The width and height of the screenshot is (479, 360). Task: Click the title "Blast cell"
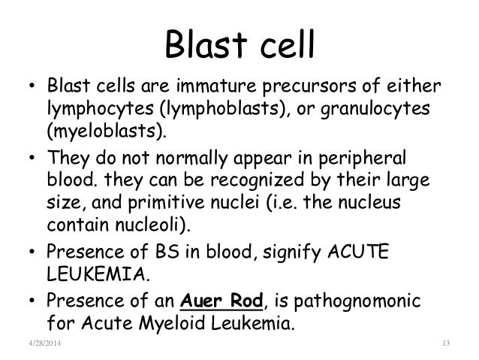point(239,46)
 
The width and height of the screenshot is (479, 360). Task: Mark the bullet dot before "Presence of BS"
point(35,254)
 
